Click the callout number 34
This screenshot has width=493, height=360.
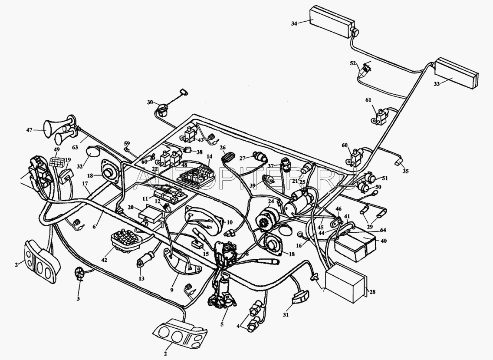(x=294, y=23)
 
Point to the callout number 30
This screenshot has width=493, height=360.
(x=150, y=102)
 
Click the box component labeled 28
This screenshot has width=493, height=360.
(x=345, y=284)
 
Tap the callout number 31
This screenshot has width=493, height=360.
(x=286, y=315)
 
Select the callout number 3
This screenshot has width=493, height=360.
(x=78, y=299)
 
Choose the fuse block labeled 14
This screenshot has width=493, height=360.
(x=196, y=173)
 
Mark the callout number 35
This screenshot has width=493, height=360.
(x=406, y=171)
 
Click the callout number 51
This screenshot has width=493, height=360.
(x=385, y=178)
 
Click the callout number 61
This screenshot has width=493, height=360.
(x=368, y=100)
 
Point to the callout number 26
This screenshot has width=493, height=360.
(x=223, y=147)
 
